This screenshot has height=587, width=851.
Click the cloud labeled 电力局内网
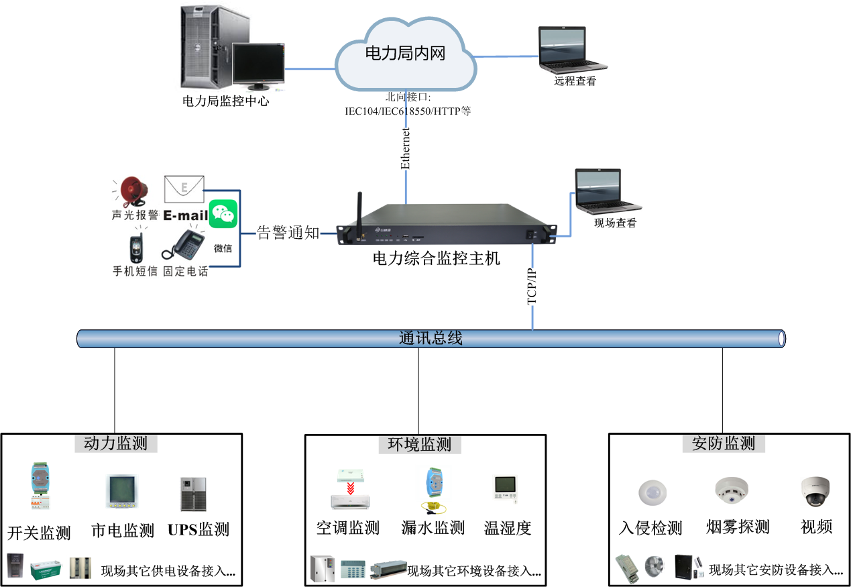pos(405,54)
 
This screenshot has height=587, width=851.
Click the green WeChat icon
pos(223,214)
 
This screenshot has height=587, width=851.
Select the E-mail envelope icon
pos(184,189)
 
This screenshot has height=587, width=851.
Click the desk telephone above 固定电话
pos(184,246)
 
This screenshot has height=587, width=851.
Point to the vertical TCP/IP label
pos(532,286)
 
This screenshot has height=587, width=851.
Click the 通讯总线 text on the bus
pos(431,338)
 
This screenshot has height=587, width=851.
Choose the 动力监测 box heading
pos(115,443)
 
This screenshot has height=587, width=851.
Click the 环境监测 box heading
pos(419,443)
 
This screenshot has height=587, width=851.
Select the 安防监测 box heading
pos(723,443)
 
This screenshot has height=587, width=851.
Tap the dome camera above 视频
pos(815,492)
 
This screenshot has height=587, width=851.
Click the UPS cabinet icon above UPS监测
pos(192,494)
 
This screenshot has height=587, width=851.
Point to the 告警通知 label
pos(288,233)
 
